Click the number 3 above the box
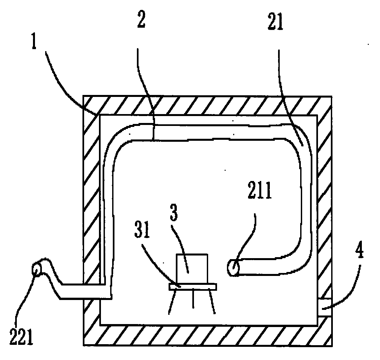click(x=174, y=212)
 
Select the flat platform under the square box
click(x=193, y=286)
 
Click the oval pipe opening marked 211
click(x=233, y=267)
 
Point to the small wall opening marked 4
click(x=324, y=308)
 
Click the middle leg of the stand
click(x=193, y=299)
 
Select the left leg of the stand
click(x=172, y=302)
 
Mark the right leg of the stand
click(x=212, y=302)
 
